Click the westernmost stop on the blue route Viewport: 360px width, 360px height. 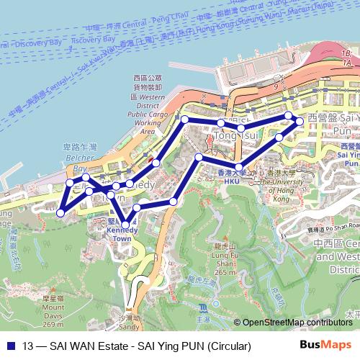click(61, 212)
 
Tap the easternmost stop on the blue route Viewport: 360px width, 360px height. click(301, 123)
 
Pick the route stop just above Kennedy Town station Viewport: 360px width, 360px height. click(127, 210)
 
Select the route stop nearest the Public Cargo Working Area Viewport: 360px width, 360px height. click(185, 119)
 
